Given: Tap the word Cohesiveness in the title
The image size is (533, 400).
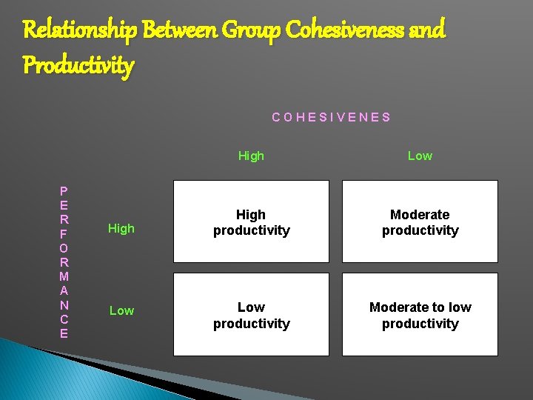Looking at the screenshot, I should [344, 30].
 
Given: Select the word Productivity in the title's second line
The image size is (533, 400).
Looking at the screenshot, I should [78, 65].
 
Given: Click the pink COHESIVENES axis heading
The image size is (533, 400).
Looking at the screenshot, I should [331, 117].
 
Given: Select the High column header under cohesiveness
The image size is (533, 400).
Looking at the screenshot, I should [251, 156].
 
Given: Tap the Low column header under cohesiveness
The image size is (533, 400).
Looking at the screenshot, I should [420, 156].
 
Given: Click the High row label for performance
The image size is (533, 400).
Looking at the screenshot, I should [121, 229].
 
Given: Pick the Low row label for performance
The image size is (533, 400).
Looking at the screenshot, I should [121, 311].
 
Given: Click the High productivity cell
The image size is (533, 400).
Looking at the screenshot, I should [251, 222].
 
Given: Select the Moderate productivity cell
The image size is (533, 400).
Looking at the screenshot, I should [420, 222].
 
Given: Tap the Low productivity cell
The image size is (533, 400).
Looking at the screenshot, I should [251, 315].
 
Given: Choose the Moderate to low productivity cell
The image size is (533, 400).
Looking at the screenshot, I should [420, 315].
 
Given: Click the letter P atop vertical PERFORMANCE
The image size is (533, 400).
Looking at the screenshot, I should [64, 191].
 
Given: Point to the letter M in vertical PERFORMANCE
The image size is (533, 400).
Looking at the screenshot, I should [64, 276].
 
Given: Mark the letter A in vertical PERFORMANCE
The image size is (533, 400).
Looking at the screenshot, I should [64, 290].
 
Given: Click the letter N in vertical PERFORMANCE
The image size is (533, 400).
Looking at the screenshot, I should [64, 304].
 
